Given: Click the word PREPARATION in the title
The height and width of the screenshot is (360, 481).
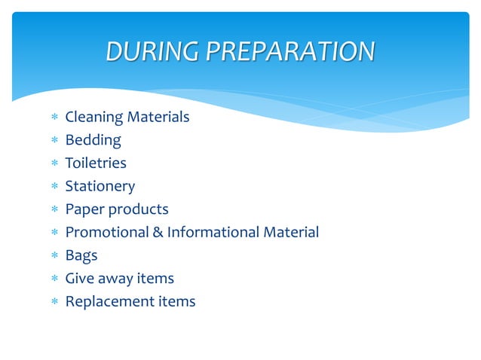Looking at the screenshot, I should [290, 51].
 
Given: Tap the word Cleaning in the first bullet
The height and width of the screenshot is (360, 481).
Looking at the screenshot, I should [93, 117].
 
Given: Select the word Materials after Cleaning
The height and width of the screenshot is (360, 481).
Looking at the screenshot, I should [158, 117].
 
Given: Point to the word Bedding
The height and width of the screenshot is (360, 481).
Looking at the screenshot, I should [93, 140].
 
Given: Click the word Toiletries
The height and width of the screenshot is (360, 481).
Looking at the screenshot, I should [96, 163].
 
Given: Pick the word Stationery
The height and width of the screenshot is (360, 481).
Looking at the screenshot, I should [100, 187].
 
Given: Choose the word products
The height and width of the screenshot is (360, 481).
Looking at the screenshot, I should [137, 209].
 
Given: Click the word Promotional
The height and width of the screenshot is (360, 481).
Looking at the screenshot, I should [107, 233].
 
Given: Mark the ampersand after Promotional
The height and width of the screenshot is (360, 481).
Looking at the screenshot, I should [158, 233].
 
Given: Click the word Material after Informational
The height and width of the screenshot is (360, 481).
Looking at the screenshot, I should [291, 233].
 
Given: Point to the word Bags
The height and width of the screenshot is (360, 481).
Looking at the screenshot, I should [81, 256].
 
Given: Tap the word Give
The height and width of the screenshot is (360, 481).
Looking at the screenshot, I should [80, 279].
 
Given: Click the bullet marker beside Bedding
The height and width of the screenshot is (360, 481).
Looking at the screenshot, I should [54, 141].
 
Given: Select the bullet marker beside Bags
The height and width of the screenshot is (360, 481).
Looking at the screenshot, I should [54, 256].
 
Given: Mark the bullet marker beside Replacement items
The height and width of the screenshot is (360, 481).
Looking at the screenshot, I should [54, 302].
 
